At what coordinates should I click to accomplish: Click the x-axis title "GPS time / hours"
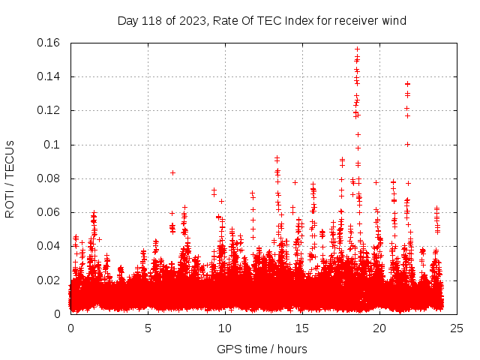pyautogui.click(x=262, y=349)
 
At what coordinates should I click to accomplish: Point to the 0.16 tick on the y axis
pyautogui.click(x=49, y=43)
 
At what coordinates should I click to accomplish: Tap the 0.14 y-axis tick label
pyautogui.click(x=49, y=76)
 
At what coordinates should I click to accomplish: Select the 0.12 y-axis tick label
pyautogui.click(x=49, y=110)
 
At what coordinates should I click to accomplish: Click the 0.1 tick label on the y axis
pyautogui.click(x=54, y=145)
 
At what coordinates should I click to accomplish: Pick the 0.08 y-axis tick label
pyautogui.click(x=49, y=178)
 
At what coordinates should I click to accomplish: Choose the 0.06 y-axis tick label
pyautogui.click(x=49, y=212)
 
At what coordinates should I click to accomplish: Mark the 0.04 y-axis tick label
pyautogui.click(x=49, y=246)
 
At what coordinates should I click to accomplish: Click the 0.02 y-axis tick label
pyautogui.click(x=49, y=280)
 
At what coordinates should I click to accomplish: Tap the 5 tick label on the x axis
pyautogui.click(x=148, y=328)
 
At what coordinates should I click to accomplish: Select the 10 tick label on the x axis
pyautogui.click(x=225, y=328)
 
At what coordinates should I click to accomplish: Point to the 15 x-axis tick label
pyautogui.click(x=302, y=328)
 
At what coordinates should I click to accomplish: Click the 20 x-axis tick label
pyautogui.click(x=379, y=328)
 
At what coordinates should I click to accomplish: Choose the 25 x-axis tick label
pyautogui.click(x=457, y=328)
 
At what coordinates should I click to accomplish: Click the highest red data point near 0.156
pyautogui.click(x=357, y=49)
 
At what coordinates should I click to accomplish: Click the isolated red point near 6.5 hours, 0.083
pyautogui.click(x=173, y=172)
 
